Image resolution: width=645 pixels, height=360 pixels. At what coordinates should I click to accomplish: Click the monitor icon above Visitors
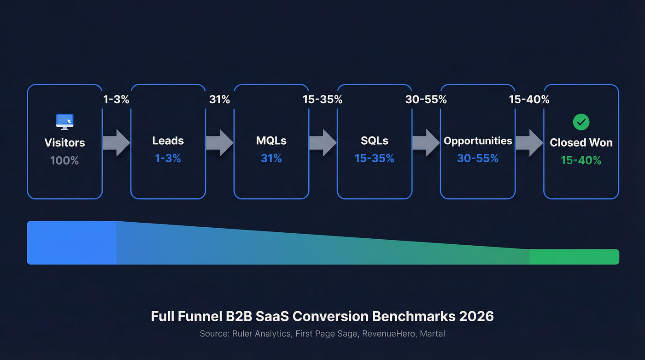[x=64, y=122]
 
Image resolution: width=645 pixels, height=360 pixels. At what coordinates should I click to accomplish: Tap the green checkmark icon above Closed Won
[x=581, y=122]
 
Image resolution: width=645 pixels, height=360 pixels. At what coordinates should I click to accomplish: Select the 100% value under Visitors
[x=64, y=160]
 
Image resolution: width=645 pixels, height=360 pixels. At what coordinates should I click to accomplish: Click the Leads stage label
[x=168, y=141]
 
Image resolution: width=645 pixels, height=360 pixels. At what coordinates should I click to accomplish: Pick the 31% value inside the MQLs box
[x=271, y=158]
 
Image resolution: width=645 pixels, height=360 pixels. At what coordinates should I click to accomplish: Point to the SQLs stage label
[x=375, y=141]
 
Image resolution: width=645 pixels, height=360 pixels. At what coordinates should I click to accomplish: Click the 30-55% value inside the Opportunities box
[x=478, y=158]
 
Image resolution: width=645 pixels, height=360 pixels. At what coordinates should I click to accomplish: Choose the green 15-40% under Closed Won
[x=581, y=160]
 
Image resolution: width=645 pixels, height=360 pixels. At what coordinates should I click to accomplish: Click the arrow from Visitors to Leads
[x=116, y=143]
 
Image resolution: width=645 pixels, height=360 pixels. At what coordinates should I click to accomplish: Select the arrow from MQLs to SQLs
[x=322, y=143]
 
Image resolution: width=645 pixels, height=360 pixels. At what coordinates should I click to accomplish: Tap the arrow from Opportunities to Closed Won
[x=529, y=143]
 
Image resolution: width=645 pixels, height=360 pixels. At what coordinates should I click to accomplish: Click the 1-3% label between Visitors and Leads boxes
[x=116, y=99]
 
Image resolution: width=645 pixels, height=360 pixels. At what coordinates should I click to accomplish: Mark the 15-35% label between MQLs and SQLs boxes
[x=322, y=99]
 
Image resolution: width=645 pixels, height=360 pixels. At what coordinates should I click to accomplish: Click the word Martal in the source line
[x=433, y=333]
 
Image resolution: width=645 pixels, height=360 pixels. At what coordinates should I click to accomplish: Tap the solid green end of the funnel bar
[x=574, y=257]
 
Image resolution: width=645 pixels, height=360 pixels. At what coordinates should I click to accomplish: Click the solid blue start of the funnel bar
[x=71, y=243]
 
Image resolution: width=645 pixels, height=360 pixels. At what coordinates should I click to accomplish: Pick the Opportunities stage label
[x=478, y=141]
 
